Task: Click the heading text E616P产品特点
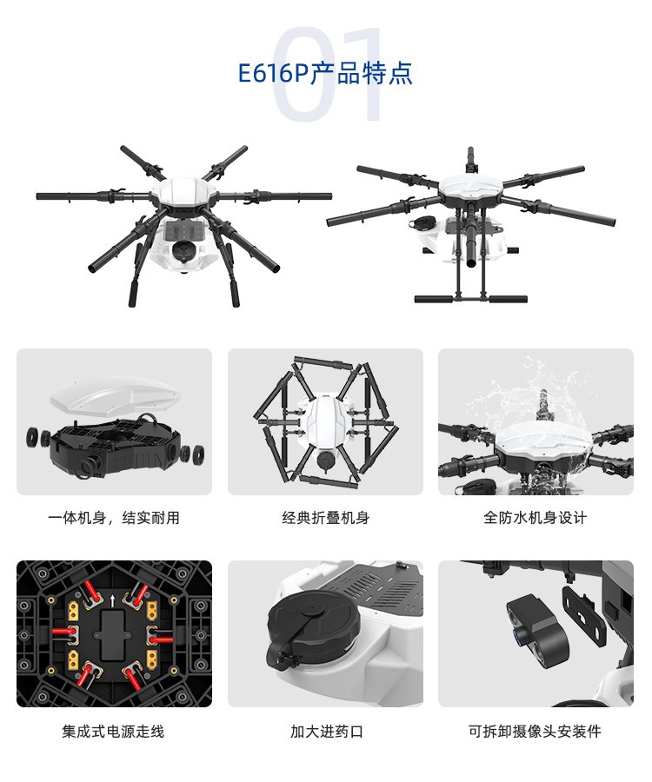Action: click(x=325, y=73)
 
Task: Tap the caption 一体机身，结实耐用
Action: click(x=114, y=518)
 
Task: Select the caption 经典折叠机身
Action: click(x=325, y=518)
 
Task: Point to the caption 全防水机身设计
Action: click(x=536, y=518)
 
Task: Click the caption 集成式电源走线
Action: click(x=113, y=732)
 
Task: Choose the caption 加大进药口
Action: click(x=327, y=732)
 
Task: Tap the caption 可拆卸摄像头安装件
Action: click(x=535, y=732)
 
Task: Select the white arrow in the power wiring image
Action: click(x=113, y=600)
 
